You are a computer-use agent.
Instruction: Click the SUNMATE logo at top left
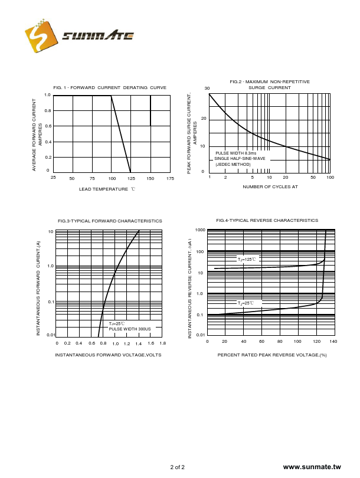(80, 37)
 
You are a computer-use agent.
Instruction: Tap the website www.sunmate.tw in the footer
(312, 467)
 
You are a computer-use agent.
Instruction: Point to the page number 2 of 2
(177, 467)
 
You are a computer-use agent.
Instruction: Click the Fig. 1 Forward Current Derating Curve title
(110, 87)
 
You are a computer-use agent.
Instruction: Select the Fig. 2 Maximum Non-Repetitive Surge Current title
(270, 84)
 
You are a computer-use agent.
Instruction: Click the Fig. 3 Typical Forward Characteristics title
(110, 221)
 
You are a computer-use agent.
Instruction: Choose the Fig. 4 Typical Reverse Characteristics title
(267, 220)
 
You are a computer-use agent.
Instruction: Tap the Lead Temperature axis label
(107, 189)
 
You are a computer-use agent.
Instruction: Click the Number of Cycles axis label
(270, 186)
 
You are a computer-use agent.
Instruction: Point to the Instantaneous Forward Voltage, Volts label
(108, 355)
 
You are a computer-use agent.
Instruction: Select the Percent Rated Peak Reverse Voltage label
(272, 355)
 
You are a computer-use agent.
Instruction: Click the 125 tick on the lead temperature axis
(130, 178)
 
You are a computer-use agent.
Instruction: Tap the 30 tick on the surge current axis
(207, 89)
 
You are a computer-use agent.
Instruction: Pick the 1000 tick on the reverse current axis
(200, 230)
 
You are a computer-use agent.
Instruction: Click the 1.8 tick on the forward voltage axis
(162, 343)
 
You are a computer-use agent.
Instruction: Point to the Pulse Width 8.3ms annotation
(235, 153)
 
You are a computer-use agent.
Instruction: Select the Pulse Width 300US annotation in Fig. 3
(130, 329)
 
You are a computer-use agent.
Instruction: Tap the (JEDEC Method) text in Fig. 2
(233, 164)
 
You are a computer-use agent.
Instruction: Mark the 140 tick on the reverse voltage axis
(333, 342)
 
